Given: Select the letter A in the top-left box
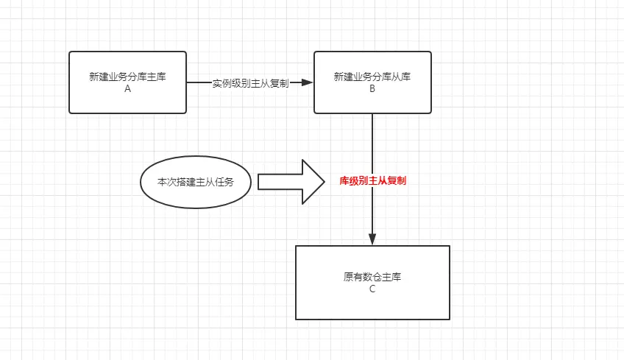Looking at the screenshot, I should [127, 88].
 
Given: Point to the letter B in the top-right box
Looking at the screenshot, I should [372, 88].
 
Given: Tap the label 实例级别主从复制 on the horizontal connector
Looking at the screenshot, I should [250, 83].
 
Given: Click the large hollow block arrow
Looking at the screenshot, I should [283, 181].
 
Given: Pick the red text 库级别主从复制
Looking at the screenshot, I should [372, 180].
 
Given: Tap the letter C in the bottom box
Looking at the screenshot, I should [372, 289].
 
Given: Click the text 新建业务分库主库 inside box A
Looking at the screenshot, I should [127, 77].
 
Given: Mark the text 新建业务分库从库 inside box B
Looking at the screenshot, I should [372, 77].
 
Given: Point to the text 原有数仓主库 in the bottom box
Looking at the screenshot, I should [372, 278].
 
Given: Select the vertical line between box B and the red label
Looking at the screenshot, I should [372, 144].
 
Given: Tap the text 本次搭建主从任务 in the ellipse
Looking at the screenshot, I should [196, 181].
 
